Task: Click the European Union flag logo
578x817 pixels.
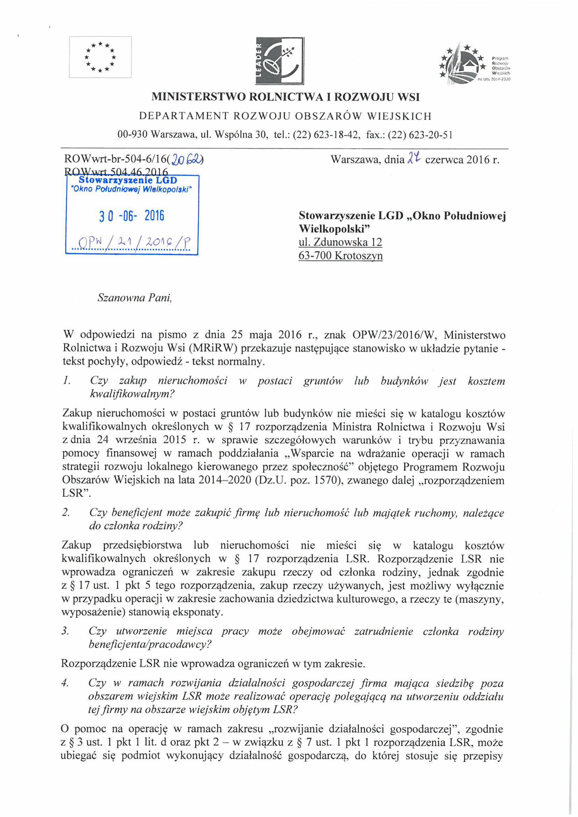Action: [x=100, y=57]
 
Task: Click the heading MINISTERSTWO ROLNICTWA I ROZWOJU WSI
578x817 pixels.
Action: [x=285, y=97]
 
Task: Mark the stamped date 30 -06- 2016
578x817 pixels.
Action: [x=132, y=216]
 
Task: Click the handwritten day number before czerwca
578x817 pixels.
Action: [x=414, y=158]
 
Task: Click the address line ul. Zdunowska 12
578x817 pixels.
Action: [x=340, y=242]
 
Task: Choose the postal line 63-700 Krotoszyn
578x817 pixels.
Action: [x=341, y=256]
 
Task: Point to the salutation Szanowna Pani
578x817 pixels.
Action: [x=135, y=298]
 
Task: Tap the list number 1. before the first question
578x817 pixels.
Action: [x=66, y=381]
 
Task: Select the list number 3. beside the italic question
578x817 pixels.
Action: [x=65, y=631]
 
